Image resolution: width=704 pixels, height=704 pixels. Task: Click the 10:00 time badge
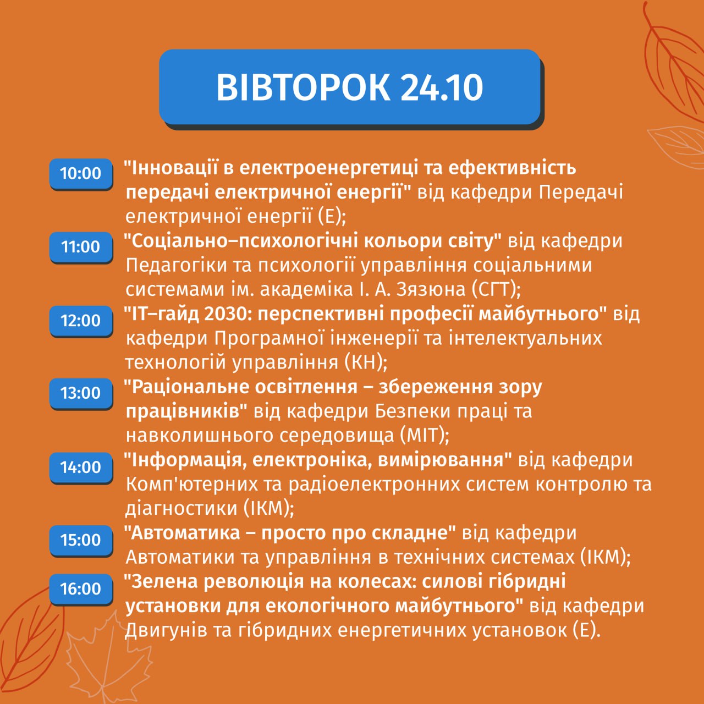[81, 174]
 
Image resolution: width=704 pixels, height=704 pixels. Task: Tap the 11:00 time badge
[81, 247]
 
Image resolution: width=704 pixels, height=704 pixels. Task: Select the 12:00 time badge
[81, 321]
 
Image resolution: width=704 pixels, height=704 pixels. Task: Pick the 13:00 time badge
[81, 393]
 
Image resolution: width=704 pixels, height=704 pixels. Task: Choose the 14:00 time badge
[81, 468]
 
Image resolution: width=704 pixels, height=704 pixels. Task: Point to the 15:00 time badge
[81, 540]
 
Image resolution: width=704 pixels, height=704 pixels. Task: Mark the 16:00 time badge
[81, 588]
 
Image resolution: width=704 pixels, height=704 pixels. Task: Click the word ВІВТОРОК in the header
[303, 87]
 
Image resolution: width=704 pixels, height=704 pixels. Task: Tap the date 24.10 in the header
[442, 87]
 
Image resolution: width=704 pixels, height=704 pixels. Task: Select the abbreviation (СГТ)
[496, 290]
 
